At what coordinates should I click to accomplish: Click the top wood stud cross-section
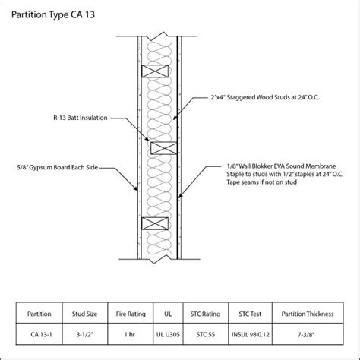pos(154,71)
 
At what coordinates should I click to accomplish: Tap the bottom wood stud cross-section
pos(154,225)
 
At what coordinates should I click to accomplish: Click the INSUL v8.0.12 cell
pos(249,333)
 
